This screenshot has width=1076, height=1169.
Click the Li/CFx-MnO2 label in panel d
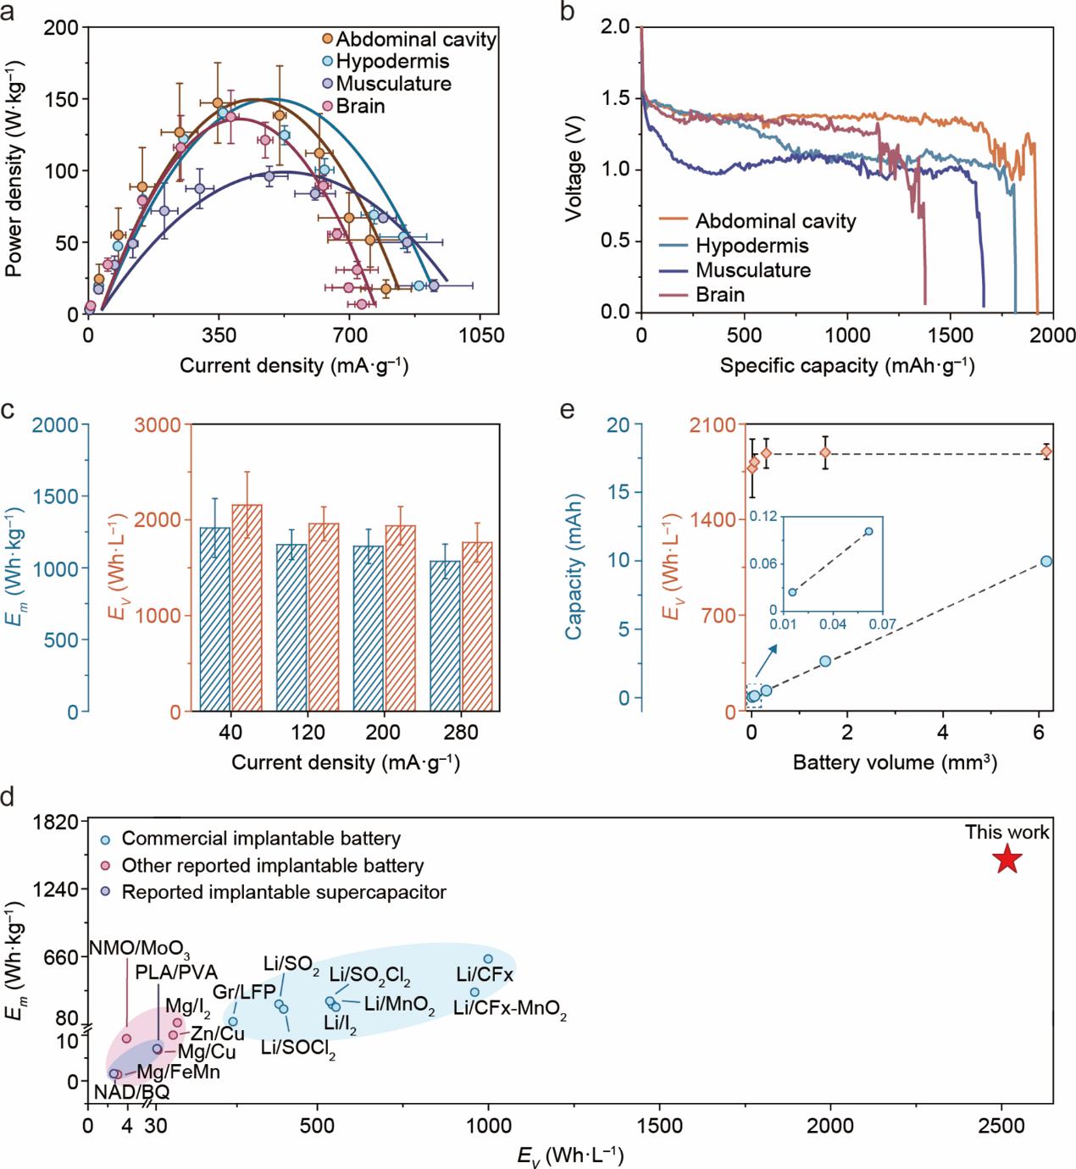tap(510, 1010)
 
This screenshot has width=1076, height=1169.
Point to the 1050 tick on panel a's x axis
tap(479, 335)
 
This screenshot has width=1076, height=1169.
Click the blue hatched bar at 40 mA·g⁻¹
tap(214, 619)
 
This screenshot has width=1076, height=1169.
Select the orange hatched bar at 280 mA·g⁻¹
tap(476, 627)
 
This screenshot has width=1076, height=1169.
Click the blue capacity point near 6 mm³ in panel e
tap(1046, 561)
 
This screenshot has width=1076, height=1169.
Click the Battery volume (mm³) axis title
tap(895, 762)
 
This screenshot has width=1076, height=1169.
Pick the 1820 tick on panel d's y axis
tap(61, 821)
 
